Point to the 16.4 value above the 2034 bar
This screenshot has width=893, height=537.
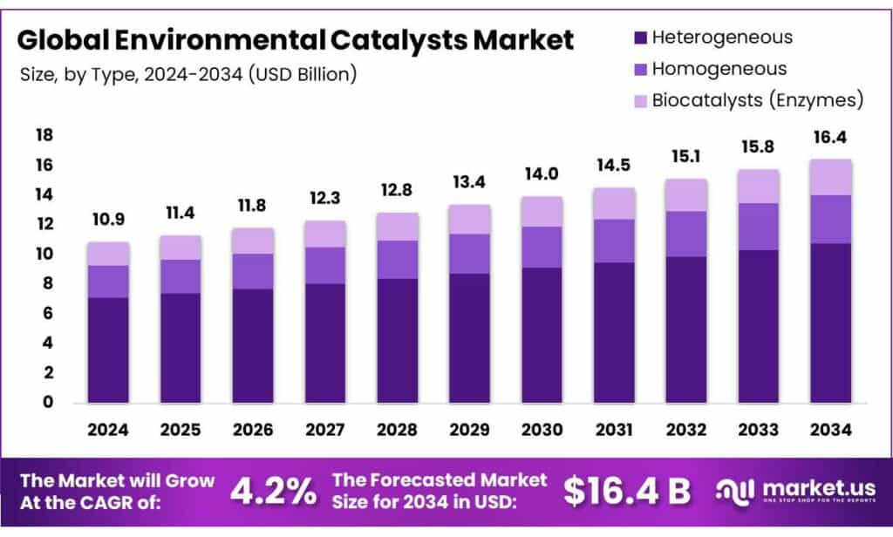pos(830,138)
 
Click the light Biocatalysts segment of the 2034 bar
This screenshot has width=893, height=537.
pos(830,177)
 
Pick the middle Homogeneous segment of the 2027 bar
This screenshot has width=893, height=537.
pos(324,265)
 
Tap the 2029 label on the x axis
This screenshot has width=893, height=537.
pos(469,431)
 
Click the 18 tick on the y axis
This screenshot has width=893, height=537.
pos(44,136)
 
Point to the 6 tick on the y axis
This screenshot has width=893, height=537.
pos(48,313)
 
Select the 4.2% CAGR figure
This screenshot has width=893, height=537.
pos(272,491)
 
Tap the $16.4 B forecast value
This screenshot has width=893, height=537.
pos(627,491)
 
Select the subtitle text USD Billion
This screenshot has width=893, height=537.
pos(302,76)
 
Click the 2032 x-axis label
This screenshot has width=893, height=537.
pos(685,431)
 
